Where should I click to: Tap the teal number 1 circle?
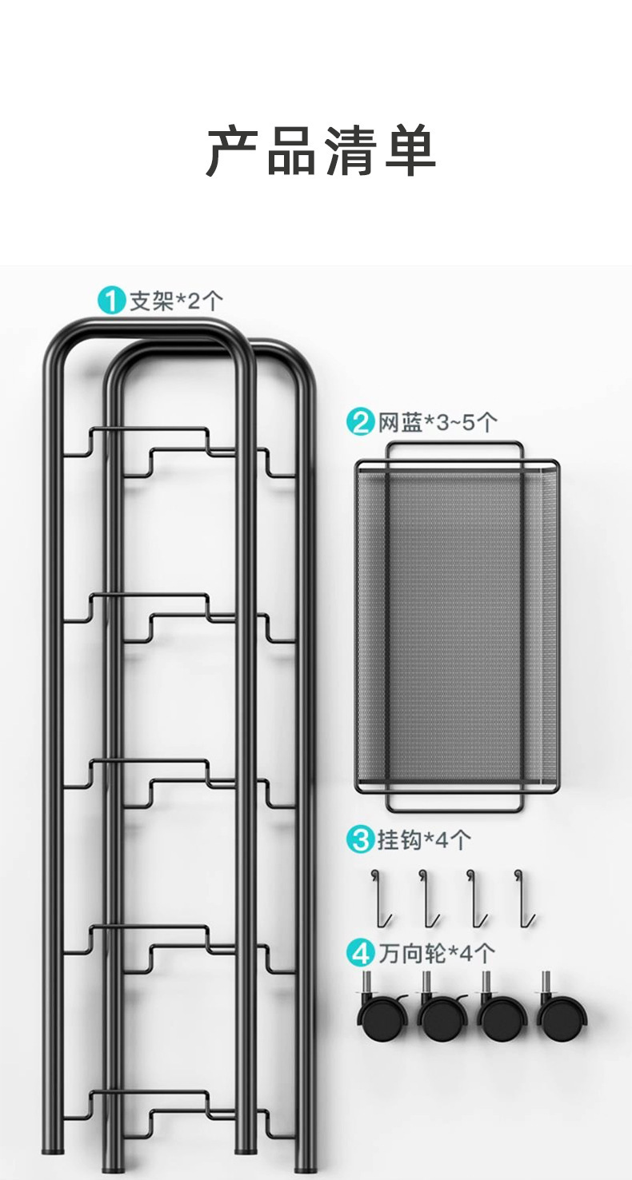pos(111,301)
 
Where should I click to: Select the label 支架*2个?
pos(177,301)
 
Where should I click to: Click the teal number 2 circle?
pos(361,421)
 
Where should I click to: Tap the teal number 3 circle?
pos(361,839)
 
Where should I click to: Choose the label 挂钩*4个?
pos(424,839)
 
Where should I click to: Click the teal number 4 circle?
pos(361,953)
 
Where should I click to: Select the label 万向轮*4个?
pos(437,953)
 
